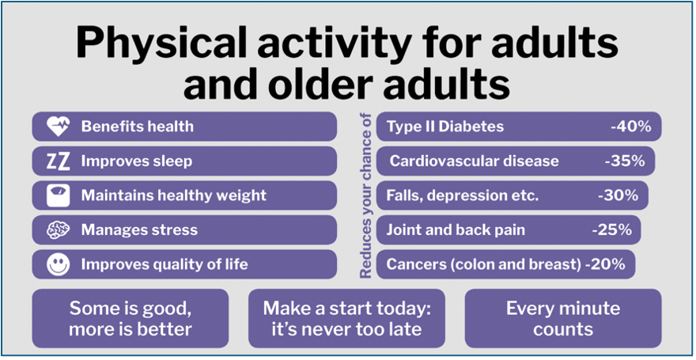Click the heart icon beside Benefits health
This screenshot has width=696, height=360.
[58, 127]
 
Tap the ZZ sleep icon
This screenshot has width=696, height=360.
[58, 161]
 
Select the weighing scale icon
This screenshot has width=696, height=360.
[58, 195]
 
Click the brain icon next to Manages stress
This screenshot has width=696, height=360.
[58, 230]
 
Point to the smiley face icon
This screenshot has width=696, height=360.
[58, 264]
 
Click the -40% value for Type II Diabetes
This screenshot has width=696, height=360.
[630, 127]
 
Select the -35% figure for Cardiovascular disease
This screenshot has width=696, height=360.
[624, 161]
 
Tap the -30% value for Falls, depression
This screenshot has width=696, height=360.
[617, 195]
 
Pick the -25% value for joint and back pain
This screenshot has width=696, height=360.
[611, 230]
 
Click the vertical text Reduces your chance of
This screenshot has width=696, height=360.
[365, 195]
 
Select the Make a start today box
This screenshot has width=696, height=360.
[346, 318]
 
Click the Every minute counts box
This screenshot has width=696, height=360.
[562, 318]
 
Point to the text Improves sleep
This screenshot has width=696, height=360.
[136, 161]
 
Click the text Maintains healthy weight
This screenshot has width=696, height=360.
[173, 195]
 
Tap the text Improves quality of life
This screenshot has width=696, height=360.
[164, 264]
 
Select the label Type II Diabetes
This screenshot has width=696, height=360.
[444, 127]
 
